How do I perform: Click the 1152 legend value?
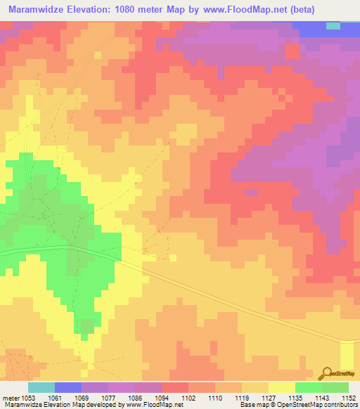pos(349,397)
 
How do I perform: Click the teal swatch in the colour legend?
pos(41,387)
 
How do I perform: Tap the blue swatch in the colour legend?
pos(68,387)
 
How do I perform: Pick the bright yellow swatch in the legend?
pos(282,387)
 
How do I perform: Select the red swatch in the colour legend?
pos(175,387)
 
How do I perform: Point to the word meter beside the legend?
pos(11,397)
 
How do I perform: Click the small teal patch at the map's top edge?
pos(333,25)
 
